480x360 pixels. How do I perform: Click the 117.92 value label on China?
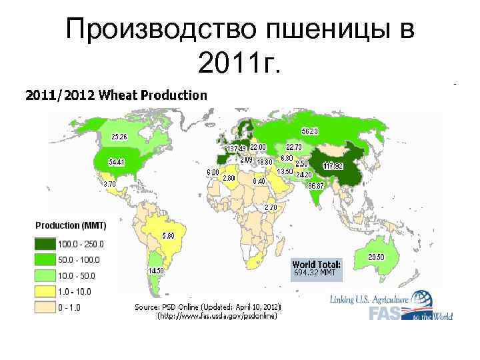(333, 165)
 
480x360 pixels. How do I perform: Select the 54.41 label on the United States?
(117, 162)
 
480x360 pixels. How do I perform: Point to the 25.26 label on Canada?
(119, 137)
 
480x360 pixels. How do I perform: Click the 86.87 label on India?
(315, 185)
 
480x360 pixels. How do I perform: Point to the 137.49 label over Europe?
(237, 148)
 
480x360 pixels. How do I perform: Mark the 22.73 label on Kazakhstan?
(294, 147)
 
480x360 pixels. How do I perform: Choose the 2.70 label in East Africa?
(271, 207)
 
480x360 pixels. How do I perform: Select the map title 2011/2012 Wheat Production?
(116, 95)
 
